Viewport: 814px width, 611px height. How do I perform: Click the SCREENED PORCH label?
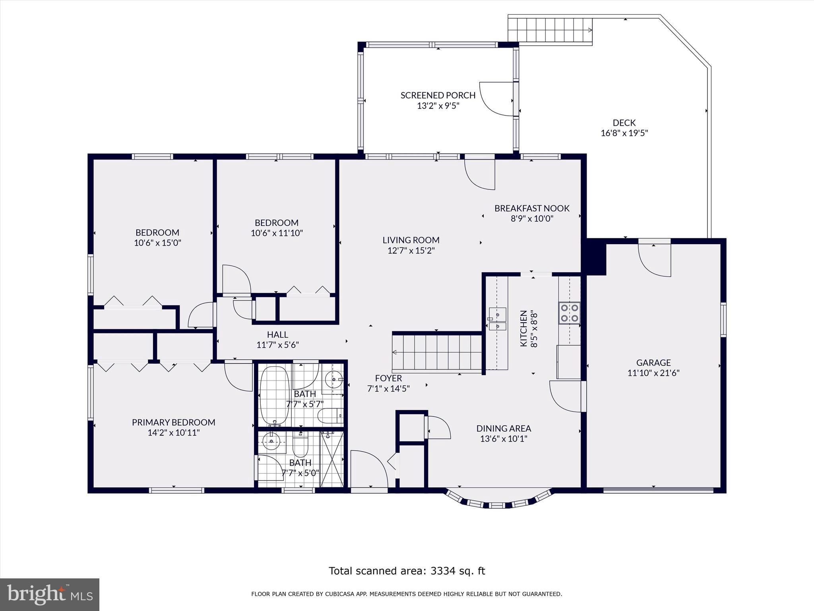coord(438,95)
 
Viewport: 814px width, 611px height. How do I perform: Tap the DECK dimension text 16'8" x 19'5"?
coord(624,133)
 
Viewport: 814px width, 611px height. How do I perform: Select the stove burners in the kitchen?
coord(569,313)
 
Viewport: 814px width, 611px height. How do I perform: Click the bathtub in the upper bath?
coord(275,396)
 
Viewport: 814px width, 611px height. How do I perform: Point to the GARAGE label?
coord(653,363)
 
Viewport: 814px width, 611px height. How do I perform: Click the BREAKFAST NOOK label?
coord(532,208)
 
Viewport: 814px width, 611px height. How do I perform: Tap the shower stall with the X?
coord(331,459)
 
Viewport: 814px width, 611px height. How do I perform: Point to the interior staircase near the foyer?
coord(437,352)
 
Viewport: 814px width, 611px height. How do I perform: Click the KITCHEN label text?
coord(524,329)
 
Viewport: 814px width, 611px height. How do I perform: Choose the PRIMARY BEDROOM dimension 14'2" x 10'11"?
coord(174,433)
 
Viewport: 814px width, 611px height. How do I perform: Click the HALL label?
coord(277,335)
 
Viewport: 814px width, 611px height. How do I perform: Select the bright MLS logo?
coord(50,594)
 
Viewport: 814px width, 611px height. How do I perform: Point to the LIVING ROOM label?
coord(411,240)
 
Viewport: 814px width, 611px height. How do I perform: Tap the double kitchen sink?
coord(497,320)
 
